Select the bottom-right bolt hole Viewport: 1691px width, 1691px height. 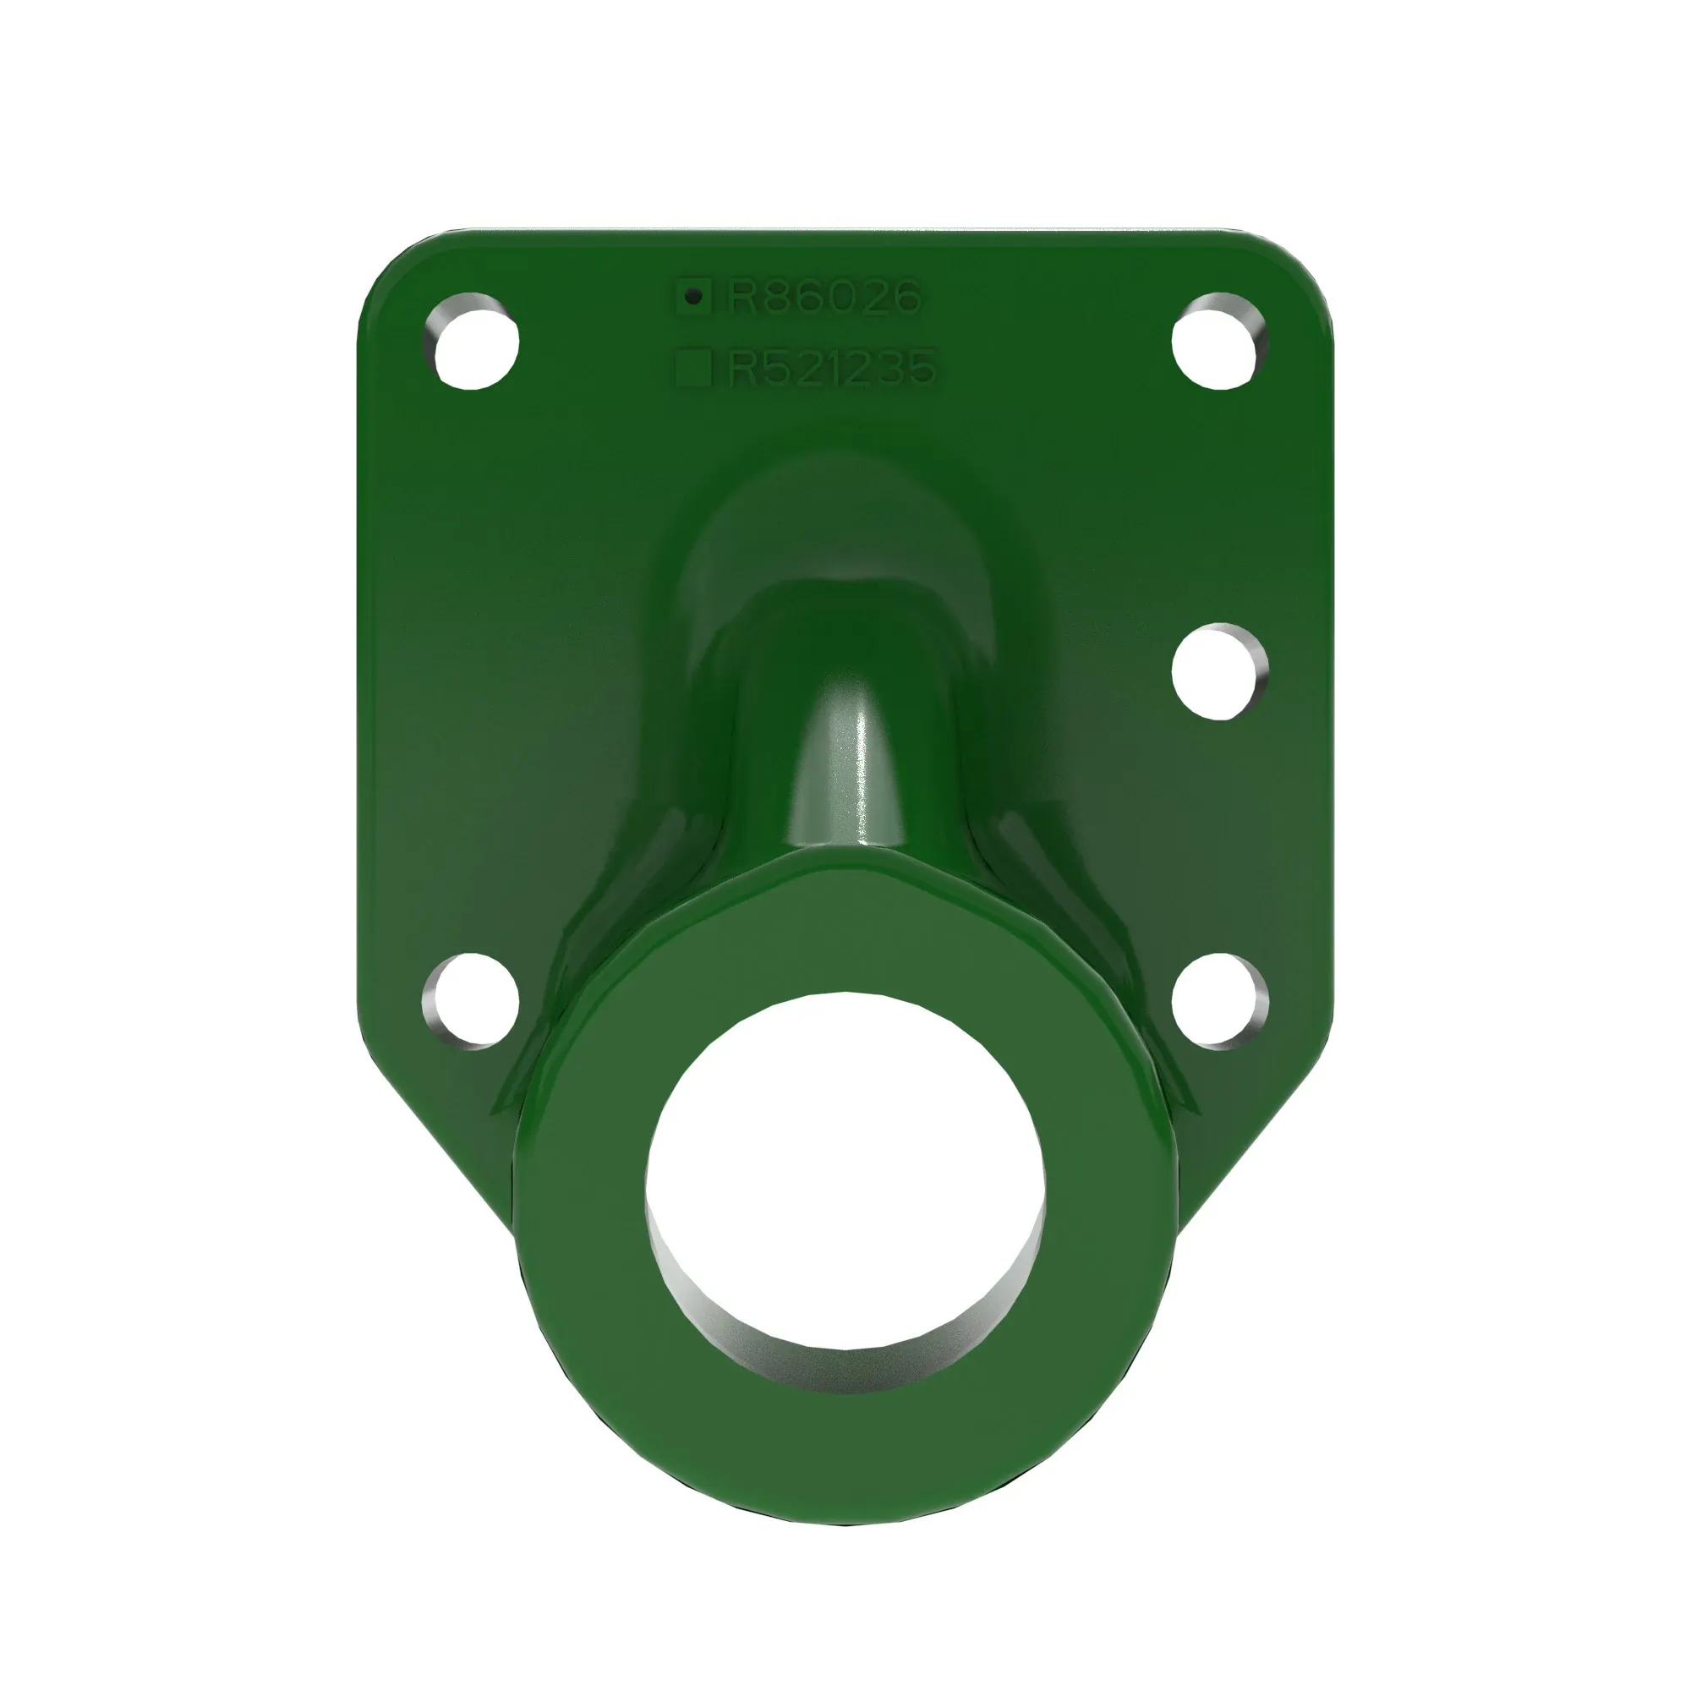(1220, 1002)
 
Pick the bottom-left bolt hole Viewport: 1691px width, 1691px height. (471, 1002)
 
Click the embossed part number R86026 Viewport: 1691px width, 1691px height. (824, 298)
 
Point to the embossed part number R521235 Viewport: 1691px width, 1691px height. (831, 368)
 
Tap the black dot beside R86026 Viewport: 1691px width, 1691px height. (694, 298)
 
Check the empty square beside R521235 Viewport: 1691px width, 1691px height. (694, 368)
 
